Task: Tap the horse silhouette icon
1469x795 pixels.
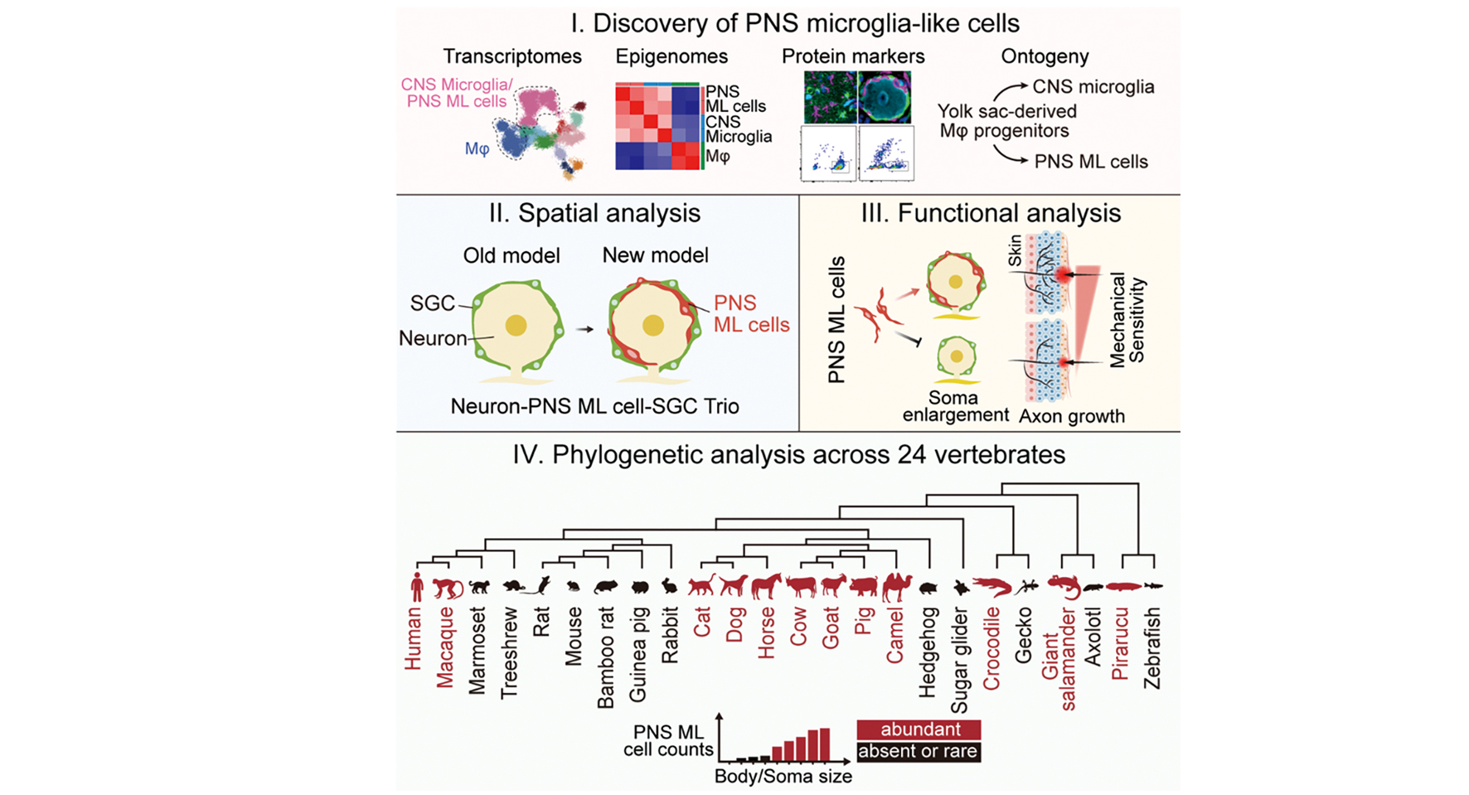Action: pos(766,586)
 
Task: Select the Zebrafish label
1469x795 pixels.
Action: pos(1151,648)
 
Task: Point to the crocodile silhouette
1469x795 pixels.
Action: pos(991,588)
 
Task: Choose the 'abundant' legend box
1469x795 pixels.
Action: pos(919,730)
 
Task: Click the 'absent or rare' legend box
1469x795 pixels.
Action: pos(919,752)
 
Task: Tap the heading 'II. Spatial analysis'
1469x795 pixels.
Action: pos(594,213)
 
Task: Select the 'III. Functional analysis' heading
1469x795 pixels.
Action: pos(991,213)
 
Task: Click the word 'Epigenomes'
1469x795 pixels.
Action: pos(671,56)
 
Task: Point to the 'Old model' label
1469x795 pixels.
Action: pos(511,255)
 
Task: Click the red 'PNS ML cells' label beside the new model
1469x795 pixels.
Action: pos(750,314)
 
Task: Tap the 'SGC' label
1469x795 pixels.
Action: pos(432,303)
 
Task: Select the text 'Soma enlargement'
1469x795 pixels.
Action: pos(955,406)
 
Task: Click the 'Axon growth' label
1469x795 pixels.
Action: pos(1071,416)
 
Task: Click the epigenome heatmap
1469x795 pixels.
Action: pos(657,127)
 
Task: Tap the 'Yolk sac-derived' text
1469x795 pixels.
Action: pos(1007,111)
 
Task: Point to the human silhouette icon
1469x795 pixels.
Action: pos(417,586)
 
